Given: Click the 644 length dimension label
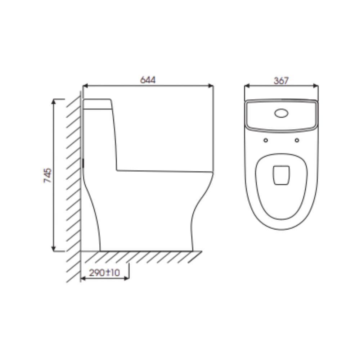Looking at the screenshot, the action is pos(148,80).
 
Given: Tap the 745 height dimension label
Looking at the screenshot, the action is pos(48,176).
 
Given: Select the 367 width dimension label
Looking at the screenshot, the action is pos(281,81).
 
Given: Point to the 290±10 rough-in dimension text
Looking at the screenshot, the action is pos(104,273).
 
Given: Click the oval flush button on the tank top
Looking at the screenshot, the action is pos(281,113).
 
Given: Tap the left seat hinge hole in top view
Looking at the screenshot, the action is pos(266,140).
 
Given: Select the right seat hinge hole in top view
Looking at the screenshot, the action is pos(297,140).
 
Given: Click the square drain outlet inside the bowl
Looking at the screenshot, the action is pos(281,175).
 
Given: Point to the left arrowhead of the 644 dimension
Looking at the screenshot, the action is pos(85,86).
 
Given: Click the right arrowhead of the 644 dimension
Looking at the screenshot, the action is pos(211,86).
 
